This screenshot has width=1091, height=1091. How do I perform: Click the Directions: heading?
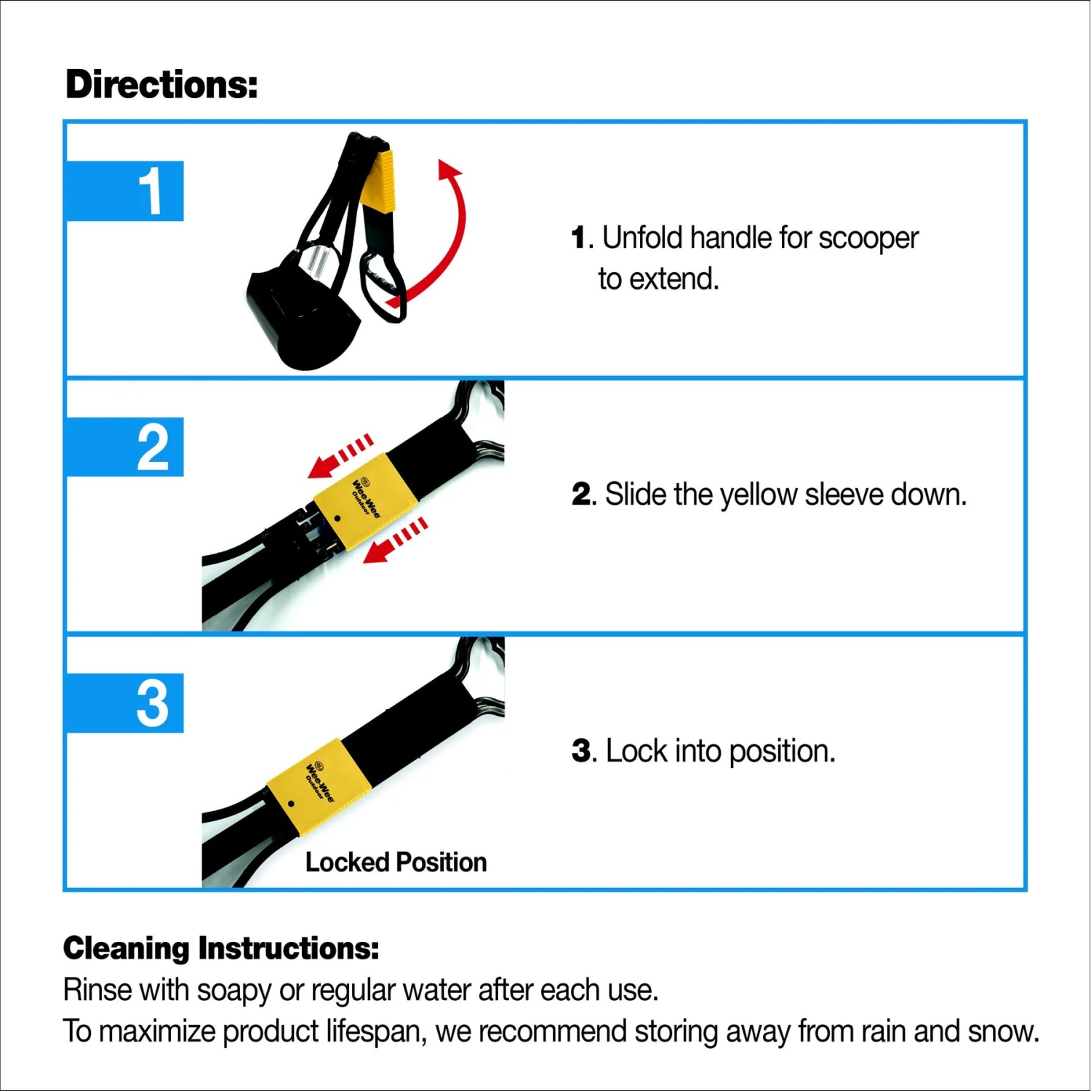161,84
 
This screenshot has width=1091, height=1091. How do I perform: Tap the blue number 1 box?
124,191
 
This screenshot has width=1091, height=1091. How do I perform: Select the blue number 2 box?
124,447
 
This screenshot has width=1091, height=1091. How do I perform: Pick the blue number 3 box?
124,703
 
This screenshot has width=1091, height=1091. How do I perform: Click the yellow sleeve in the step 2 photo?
365,499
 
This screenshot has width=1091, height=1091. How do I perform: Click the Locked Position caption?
396,862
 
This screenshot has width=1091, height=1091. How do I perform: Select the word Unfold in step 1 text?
642,238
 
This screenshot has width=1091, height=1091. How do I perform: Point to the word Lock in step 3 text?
636,751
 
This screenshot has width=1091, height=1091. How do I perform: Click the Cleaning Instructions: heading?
221,948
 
